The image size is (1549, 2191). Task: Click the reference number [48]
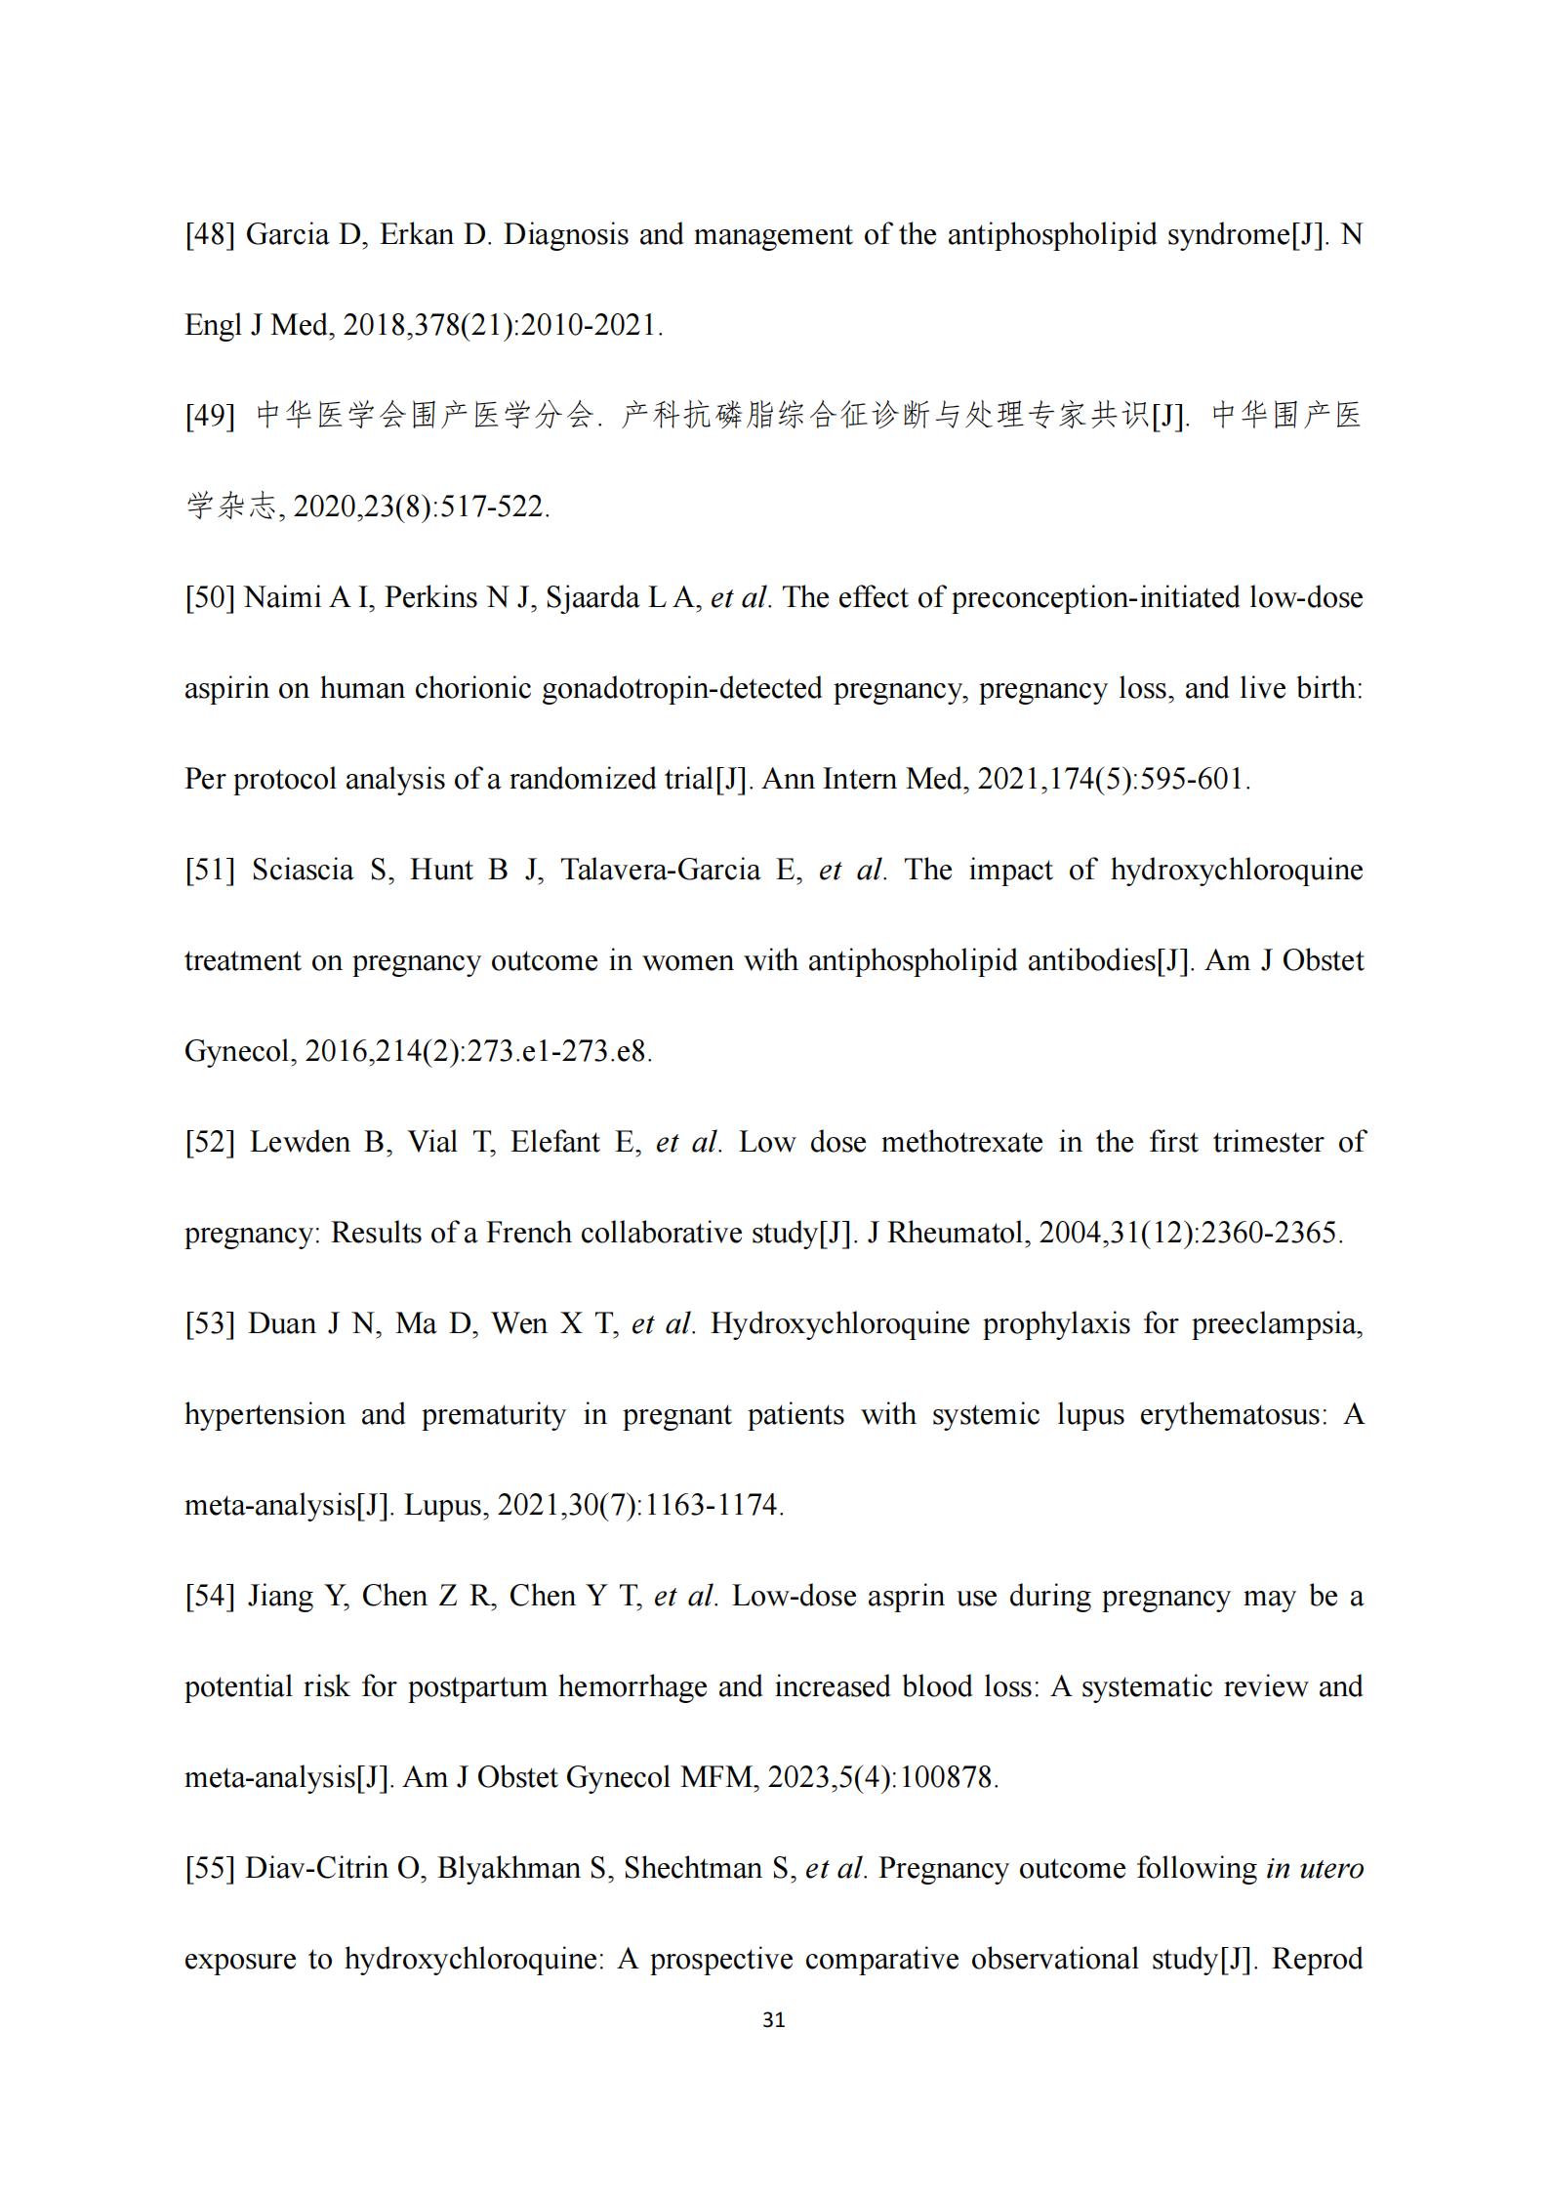coord(210,235)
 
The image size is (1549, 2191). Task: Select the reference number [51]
coord(210,870)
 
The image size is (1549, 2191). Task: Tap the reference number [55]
coord(210,1868)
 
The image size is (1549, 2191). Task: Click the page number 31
coord(773,2020)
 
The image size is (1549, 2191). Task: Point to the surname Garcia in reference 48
coord(286,235)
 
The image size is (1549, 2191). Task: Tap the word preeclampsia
coord(1277,1324)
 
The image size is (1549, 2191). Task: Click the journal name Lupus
coord(444,1505)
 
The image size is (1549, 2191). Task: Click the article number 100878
coord(945,1777)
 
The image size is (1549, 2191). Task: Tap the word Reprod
coord(1318,1959)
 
